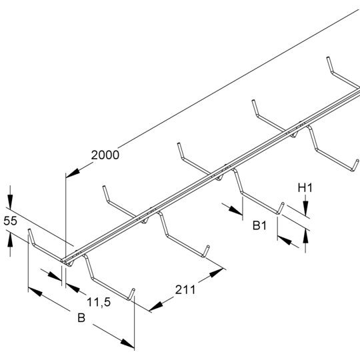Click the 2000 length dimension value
pos(105,155)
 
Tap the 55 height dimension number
pos(10,221)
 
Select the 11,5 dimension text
pos(99,302)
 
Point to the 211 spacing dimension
pos(185,290)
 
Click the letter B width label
pos(81,318)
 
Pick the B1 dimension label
pos(259,225)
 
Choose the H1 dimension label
pos(305,188)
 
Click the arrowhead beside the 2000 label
pos(73,173)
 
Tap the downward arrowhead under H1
pos(305,208)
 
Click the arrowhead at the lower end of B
pos(127,344)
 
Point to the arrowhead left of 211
pos(156,306)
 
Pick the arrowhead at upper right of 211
pos(216,273)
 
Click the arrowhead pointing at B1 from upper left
pos(235,210)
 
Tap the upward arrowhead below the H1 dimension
pos(305,236)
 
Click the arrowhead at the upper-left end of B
pos(35,291)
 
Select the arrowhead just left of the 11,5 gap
pos(55,276)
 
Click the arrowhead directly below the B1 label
pos(285,241)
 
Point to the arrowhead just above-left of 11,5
pos(73,288)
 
